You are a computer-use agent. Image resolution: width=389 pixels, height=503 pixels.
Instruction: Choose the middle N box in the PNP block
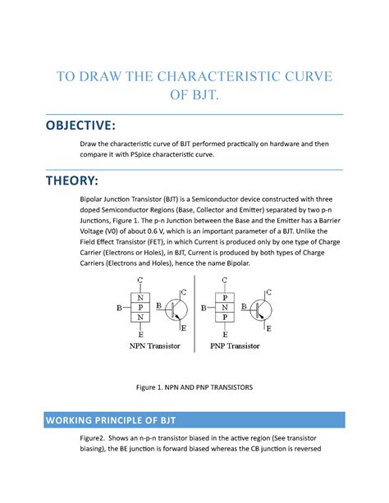224,308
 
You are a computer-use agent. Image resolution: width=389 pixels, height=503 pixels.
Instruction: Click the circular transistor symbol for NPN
175,309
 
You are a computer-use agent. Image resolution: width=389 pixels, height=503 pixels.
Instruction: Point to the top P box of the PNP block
224,297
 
